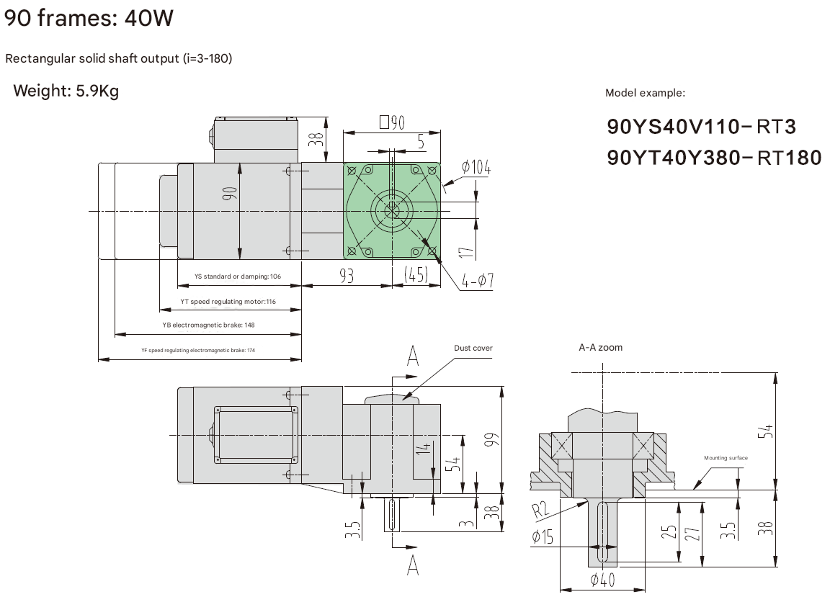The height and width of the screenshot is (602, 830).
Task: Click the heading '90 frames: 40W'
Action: tap(89, 17)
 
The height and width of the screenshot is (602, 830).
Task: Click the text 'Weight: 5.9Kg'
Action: tap(66, 91)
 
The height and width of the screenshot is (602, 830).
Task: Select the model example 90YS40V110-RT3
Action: tap(702, 127)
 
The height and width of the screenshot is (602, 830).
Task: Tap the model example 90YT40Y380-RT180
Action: tap(714, 157)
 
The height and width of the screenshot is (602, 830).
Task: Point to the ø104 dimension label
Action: tap(476, 168)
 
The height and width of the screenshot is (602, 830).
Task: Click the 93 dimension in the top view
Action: tap(347, 275)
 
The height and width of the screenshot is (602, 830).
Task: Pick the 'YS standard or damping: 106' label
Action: tap(237, 277)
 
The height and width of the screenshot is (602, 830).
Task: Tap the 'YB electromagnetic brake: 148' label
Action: tap(208, 325)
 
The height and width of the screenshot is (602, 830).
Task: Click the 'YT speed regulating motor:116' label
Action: tap(228, 302)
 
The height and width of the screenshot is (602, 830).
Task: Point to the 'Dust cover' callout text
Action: tap(473, 349)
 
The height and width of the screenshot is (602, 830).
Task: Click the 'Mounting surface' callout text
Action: tap(726, 458)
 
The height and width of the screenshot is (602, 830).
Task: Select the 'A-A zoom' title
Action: tap(600, 347)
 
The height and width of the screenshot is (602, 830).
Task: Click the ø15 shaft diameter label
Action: tap(542, 536)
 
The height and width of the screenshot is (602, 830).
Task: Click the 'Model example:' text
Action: tap(645, 93)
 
